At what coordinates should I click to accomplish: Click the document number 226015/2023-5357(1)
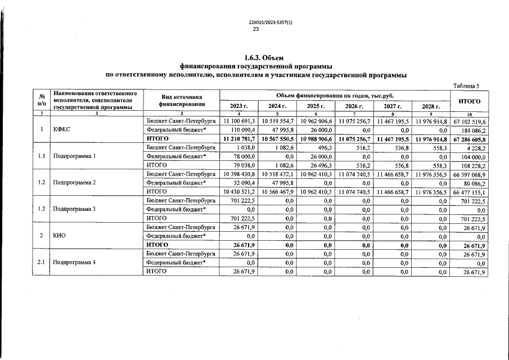point(254,22)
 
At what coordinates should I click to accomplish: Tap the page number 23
point(254,29)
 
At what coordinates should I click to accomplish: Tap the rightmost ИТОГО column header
point(470,101)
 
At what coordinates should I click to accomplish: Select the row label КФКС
point(61,129)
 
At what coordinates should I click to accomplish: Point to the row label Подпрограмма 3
point(74,209)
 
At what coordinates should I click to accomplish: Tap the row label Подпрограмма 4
point(74,263)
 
